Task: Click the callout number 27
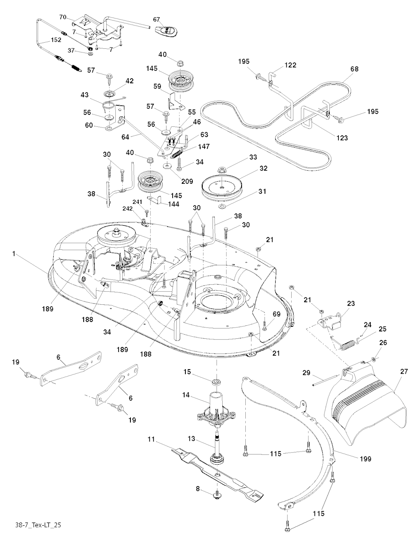[404, 371]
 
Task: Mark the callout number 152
[56, 40]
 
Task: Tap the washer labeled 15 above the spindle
[215, 383]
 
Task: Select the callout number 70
[63, 17]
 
